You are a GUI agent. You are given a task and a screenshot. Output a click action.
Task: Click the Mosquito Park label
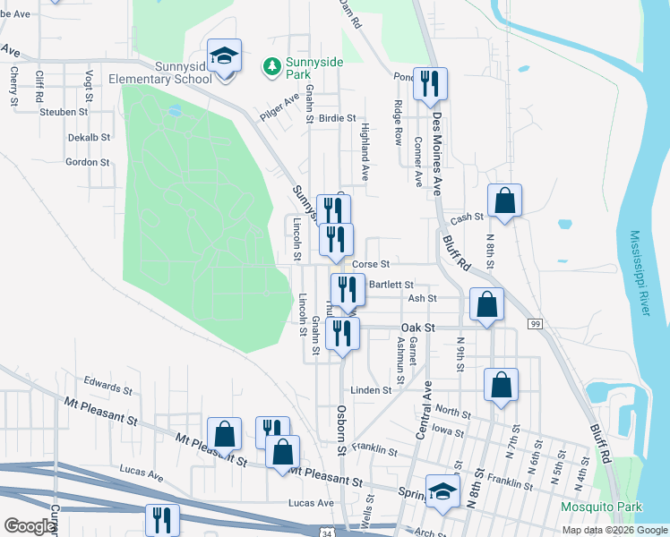click(x=601, y=507)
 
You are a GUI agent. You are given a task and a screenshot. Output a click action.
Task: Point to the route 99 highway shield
click(x=535, y=323)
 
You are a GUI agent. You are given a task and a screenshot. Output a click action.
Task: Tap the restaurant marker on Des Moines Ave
click(x=430, y=85)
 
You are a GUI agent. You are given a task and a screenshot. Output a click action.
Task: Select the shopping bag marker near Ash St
click(x=485, y=304)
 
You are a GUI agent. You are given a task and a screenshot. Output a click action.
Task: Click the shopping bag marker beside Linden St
click(x=502, y=386)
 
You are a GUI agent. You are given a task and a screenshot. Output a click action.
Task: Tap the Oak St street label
click(x=417, y=328)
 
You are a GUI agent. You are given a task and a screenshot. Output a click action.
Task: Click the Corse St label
click(x=371, y=264)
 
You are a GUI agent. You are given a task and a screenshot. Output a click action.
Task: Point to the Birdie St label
click(x=339, y=118)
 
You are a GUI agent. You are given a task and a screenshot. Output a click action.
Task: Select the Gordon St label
click(x=87, y=163)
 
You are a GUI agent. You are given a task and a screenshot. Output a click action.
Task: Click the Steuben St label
click(x=64, y=113)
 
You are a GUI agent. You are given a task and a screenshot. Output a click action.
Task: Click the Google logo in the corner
click(x=30, y=526)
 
